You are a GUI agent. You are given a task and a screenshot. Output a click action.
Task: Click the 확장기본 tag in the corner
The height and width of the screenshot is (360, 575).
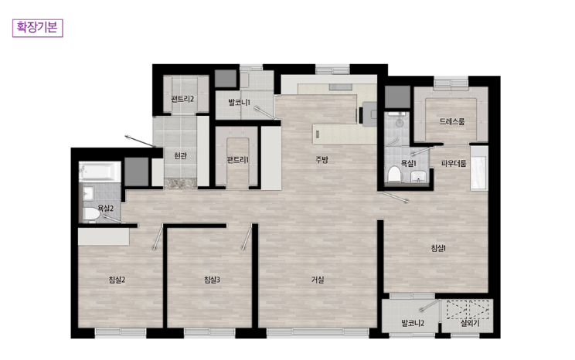(x=37, y=29)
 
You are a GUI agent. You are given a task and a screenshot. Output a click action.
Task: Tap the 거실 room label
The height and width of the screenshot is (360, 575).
(x=318, y=280)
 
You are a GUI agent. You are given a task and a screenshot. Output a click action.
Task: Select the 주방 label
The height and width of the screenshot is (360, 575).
(x=322, y=159)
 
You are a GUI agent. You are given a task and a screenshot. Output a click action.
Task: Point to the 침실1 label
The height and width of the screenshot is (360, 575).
(x=438, y=248)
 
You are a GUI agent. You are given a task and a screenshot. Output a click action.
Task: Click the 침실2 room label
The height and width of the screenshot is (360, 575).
(x=117, y=280)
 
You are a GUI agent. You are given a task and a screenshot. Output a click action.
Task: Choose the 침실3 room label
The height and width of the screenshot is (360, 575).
(x=212, y=280)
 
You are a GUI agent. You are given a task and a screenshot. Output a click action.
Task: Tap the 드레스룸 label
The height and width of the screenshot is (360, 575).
(x=452, y=121)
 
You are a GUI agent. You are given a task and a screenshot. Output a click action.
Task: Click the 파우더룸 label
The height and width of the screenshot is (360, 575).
(x=454, y=164)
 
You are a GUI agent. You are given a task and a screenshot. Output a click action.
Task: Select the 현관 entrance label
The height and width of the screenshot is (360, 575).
(x=180, y=156)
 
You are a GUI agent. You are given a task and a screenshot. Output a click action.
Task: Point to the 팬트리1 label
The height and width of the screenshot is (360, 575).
(x=237, y=160)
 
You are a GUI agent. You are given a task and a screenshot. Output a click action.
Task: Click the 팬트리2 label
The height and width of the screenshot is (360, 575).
(x=182, y=99)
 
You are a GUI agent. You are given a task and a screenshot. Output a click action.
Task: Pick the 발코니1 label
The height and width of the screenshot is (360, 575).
(x=239, y=102)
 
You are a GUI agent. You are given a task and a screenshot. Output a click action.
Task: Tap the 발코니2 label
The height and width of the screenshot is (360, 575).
(x=413, y=323)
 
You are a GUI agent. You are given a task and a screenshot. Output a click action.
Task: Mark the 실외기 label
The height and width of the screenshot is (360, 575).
(x=470, y=323)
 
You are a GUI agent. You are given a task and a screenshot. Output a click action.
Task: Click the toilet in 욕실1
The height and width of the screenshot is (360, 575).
(x=394, y=174)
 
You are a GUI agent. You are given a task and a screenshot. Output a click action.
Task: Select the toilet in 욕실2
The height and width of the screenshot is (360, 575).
(x=90, y=215)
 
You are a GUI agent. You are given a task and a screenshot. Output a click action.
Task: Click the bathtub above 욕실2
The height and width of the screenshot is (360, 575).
(x=100, y=172)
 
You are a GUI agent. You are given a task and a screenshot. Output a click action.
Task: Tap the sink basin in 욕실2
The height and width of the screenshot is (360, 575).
(x=87, y=193)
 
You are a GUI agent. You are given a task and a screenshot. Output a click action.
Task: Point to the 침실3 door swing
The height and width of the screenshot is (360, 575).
(x=247, y=237)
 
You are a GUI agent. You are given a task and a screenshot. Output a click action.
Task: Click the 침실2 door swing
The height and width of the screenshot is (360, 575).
(x=158, y=238)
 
